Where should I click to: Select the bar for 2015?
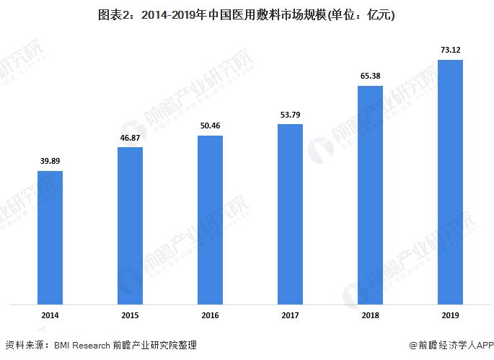click(131, 225)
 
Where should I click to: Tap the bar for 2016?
click(211, 219)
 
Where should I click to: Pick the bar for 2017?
click(291, 214)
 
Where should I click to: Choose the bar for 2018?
click(370, 195)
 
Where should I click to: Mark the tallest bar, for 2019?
click(450, 181)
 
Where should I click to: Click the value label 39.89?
click(50, 161)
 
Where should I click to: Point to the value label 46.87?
click(131, 137)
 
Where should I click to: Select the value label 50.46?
click(211, 126)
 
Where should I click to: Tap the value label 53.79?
click(291, 114)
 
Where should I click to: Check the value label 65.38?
click(370, 76)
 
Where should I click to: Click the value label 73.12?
click(450, 49)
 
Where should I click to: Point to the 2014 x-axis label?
click(50, 316)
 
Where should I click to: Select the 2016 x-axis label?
click(211, 316)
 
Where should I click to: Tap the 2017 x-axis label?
click(291, 316)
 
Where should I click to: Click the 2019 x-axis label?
click(450, 316)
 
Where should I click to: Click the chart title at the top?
click(247, 15)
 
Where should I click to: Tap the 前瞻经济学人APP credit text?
click(451, 346)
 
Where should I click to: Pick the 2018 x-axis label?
click(370, 316)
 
